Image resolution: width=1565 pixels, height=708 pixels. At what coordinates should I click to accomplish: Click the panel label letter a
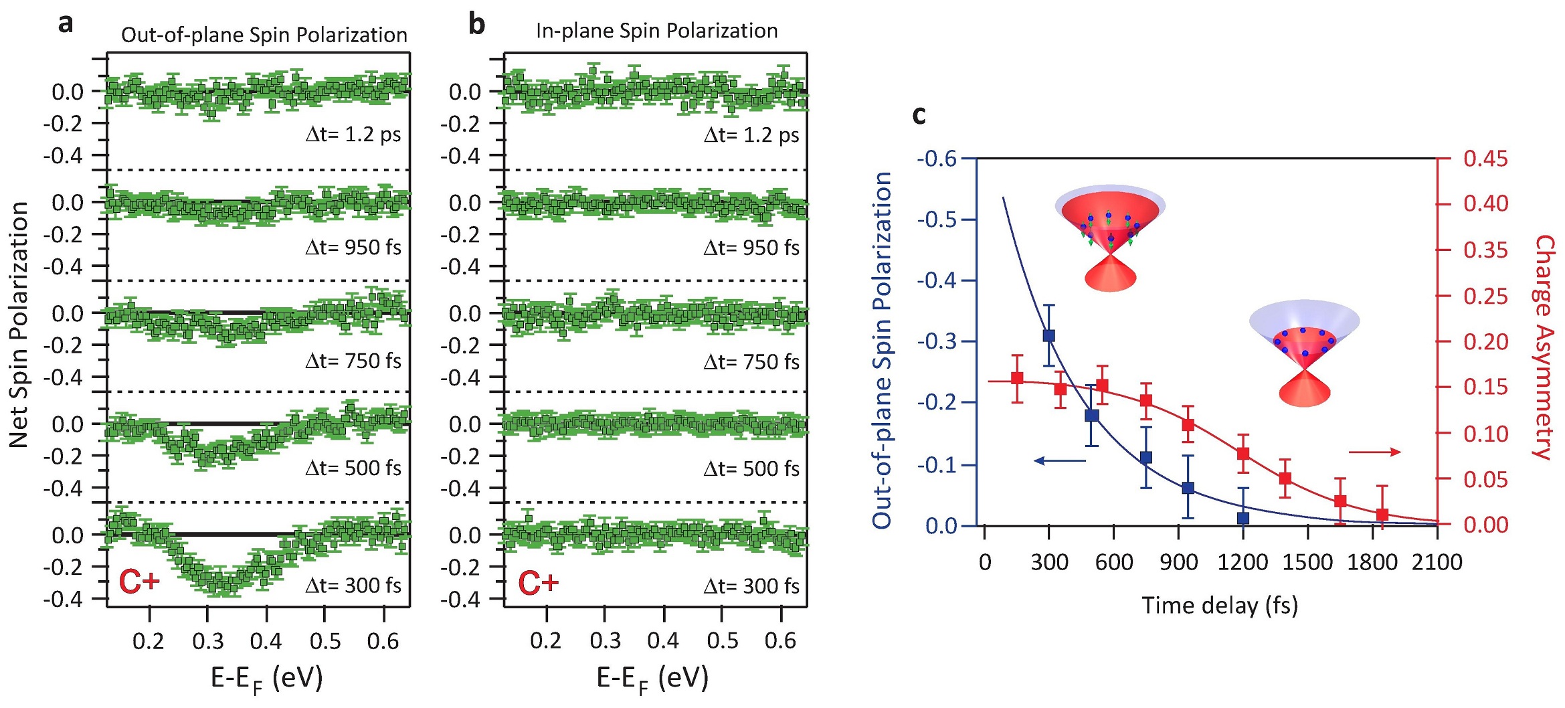click(x=65, y=23)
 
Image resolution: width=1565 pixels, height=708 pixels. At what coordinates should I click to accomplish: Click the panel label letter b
click(x=476, y=24)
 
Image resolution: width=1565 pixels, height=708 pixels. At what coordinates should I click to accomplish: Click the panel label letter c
click(x=919, y=115)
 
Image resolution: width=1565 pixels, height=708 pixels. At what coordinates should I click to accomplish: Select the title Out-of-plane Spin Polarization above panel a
click(x=264, y=35)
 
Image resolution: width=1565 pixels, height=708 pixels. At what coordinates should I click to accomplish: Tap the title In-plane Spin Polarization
click(x=656, y=31)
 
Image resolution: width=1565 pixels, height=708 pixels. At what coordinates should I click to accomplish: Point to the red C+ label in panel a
click(x=139, y=581)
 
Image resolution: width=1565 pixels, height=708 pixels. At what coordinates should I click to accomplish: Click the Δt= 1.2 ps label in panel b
click(x=751, y=135)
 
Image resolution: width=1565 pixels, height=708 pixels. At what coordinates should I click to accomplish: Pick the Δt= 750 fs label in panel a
click(x=353, y=361)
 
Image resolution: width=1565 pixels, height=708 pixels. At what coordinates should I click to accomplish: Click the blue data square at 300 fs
click(x=1048, y=336)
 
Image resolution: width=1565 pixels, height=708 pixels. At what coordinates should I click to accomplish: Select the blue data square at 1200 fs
click(x=1243, y=518)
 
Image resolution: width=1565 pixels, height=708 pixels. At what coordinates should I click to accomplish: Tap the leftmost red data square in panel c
click(x=1017, y=379)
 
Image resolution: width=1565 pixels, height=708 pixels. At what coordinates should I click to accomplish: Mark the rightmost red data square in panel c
click(x=1382, y=515)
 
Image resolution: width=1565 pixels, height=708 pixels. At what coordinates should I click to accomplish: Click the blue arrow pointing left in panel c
click(x=1060, y=460)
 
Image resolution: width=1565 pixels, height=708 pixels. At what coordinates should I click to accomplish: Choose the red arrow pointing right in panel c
click(x=1374, y=452)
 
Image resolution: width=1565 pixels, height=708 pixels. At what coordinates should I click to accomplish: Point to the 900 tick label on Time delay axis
click(x=1178, y=562)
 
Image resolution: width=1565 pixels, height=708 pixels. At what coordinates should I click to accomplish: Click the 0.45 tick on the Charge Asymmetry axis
click(x=1485, y=159)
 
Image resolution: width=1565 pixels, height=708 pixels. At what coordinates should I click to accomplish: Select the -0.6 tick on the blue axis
click(x=936, y=159)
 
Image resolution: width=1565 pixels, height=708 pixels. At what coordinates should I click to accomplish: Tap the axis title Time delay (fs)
click(x=1219, y=606)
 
